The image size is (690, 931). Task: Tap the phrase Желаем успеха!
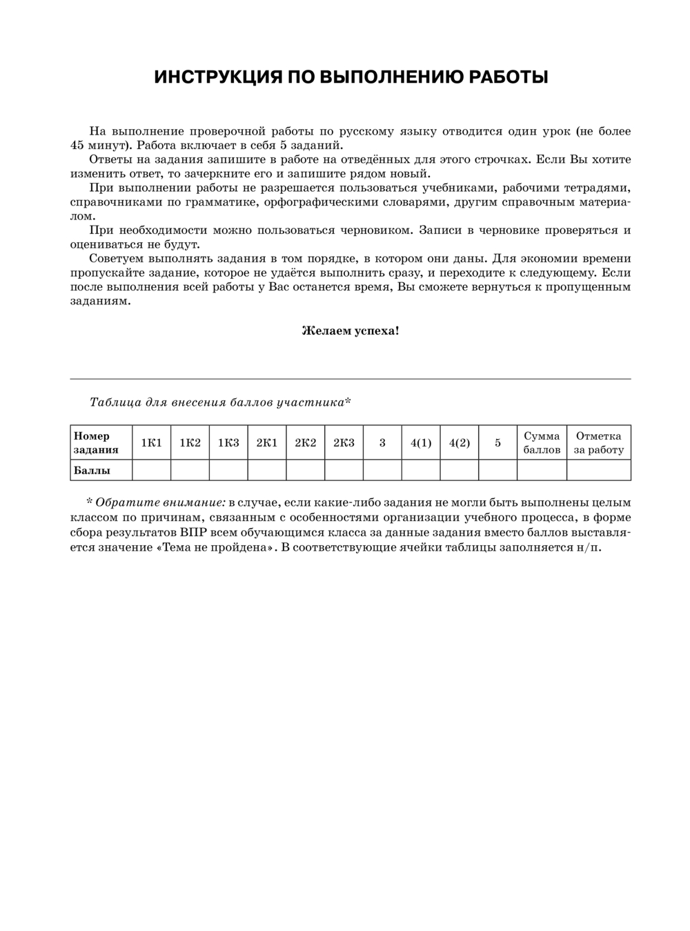(350, 331)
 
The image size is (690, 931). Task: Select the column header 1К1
(151, 443)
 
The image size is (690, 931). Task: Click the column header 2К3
(344, 443)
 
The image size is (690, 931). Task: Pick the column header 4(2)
(459, 443)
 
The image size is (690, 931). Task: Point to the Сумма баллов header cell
(542, 443)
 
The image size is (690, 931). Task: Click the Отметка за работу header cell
(598, 443)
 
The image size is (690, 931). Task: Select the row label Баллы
(92, 470)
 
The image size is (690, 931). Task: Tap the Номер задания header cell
(96, 443)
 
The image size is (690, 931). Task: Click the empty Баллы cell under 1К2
(190, 470)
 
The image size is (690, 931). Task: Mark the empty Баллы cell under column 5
(497, 470)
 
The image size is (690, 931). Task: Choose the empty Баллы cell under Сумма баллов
(542, 470)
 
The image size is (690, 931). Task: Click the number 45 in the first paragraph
(77, 146)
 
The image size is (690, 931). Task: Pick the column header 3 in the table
(382, 443)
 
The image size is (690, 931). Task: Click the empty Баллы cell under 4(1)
(421, 470)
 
